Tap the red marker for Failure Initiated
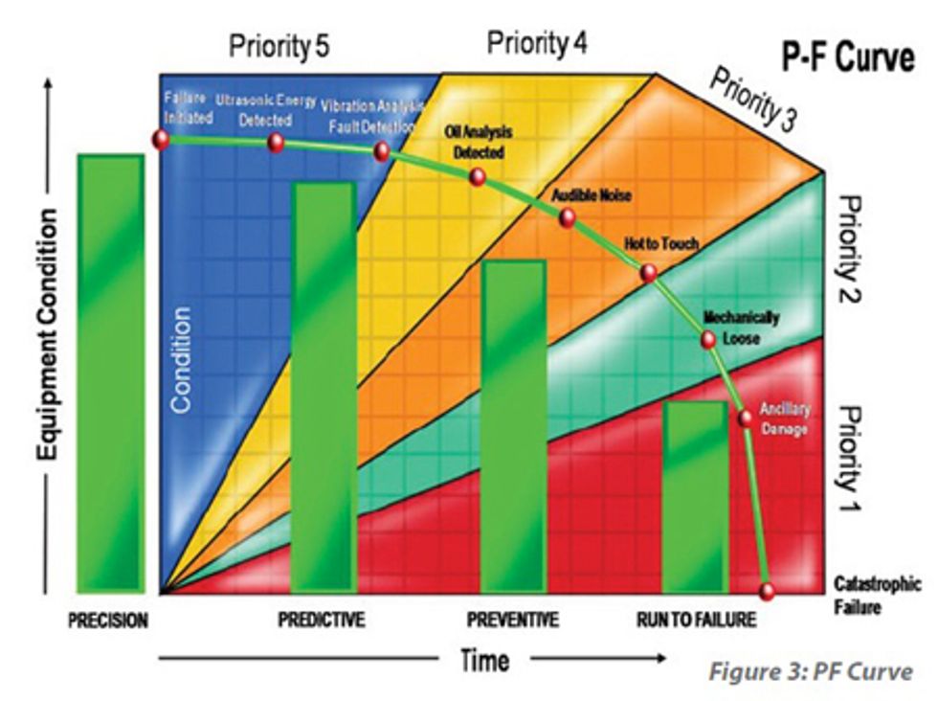161,139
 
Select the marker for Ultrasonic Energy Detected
276,143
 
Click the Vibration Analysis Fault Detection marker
381,152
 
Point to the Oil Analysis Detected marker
478,177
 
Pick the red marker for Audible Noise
567,218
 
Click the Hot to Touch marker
648,272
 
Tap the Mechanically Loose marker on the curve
708,339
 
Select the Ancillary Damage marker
746,418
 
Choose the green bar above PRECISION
111,373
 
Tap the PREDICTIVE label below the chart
321,621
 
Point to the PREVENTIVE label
512,621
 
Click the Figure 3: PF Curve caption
810,671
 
